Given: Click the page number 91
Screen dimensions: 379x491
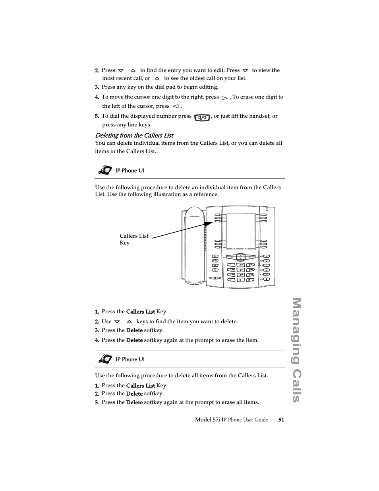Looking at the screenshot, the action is click(281, 420).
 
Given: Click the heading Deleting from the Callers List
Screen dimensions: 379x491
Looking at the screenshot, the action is click(134, 135).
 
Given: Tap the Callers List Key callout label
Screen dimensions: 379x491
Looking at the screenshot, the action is click(133, 239).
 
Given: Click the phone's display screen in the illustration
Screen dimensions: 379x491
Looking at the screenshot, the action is click(241, 231).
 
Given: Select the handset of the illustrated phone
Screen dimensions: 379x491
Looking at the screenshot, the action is click(194, 245).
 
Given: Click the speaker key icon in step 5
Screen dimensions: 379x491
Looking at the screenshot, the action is click(202, 117).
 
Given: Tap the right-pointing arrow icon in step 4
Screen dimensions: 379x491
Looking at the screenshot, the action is click(224, 98).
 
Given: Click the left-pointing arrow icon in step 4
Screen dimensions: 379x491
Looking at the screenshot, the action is click(176, 107).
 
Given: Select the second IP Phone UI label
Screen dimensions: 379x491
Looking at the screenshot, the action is click(130, 359).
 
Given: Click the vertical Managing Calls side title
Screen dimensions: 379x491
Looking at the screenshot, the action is click(296, 350).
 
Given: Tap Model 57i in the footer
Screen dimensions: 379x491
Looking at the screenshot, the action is click(208, 420).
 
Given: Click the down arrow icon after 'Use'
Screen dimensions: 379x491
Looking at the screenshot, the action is click(117, 322).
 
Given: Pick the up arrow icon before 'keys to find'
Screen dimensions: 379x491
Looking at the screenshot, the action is click(129, 322).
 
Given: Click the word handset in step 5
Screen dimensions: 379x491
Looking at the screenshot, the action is click(257, 116).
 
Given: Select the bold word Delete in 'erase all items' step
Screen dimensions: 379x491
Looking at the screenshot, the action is click(134, 402).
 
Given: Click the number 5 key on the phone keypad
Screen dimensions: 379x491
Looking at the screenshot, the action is click(241, 270).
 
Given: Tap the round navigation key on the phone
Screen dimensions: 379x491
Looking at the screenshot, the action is click(240, 257).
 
